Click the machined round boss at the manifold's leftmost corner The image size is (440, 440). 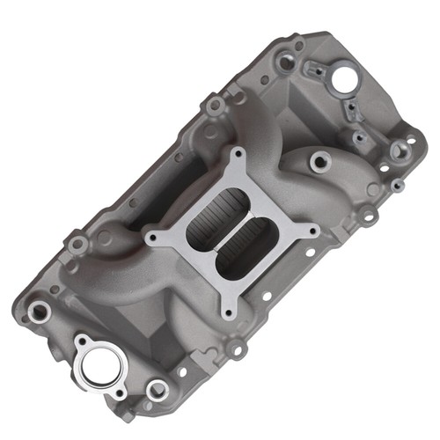click(40, 309)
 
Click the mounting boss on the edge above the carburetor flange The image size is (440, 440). click(214, 106)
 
